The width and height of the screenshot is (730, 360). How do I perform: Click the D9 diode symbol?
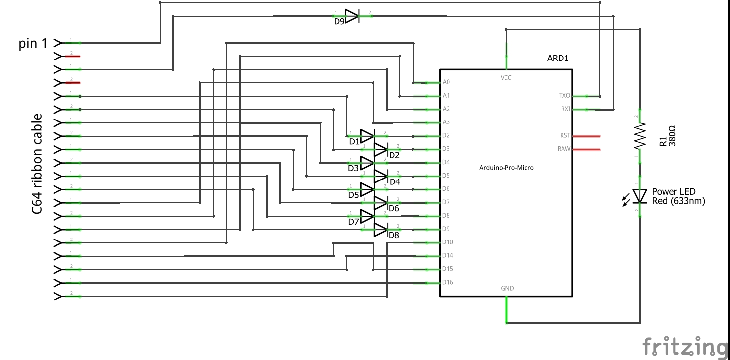tap(352, 16)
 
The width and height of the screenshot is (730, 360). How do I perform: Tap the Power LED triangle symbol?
tap(640, 196)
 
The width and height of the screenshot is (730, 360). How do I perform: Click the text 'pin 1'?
tap(33, 43)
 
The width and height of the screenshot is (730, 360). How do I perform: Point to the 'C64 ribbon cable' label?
tap(37, 164)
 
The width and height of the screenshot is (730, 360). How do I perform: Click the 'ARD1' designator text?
tap(558, 58)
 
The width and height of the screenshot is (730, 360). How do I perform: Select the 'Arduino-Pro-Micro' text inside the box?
tap(506, 168)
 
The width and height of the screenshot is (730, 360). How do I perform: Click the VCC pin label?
tap(506, 78)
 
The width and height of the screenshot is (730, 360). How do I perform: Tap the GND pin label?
tap(507, 288)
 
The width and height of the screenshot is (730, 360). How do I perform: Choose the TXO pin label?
tap(564, 95)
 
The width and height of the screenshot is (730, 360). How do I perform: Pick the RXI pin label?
tap(565, 109)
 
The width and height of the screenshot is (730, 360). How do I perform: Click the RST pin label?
tap(565, 135)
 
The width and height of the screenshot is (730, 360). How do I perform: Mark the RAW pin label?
tap(564, 149)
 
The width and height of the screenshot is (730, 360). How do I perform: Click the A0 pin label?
tap(446, 82)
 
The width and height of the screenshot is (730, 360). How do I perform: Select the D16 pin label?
tap(447, 282)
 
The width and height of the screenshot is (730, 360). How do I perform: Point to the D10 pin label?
tap(447, 242)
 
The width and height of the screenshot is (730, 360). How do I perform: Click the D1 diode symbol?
tap(367, 135)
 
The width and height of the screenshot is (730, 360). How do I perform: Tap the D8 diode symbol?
tap(380, 229)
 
